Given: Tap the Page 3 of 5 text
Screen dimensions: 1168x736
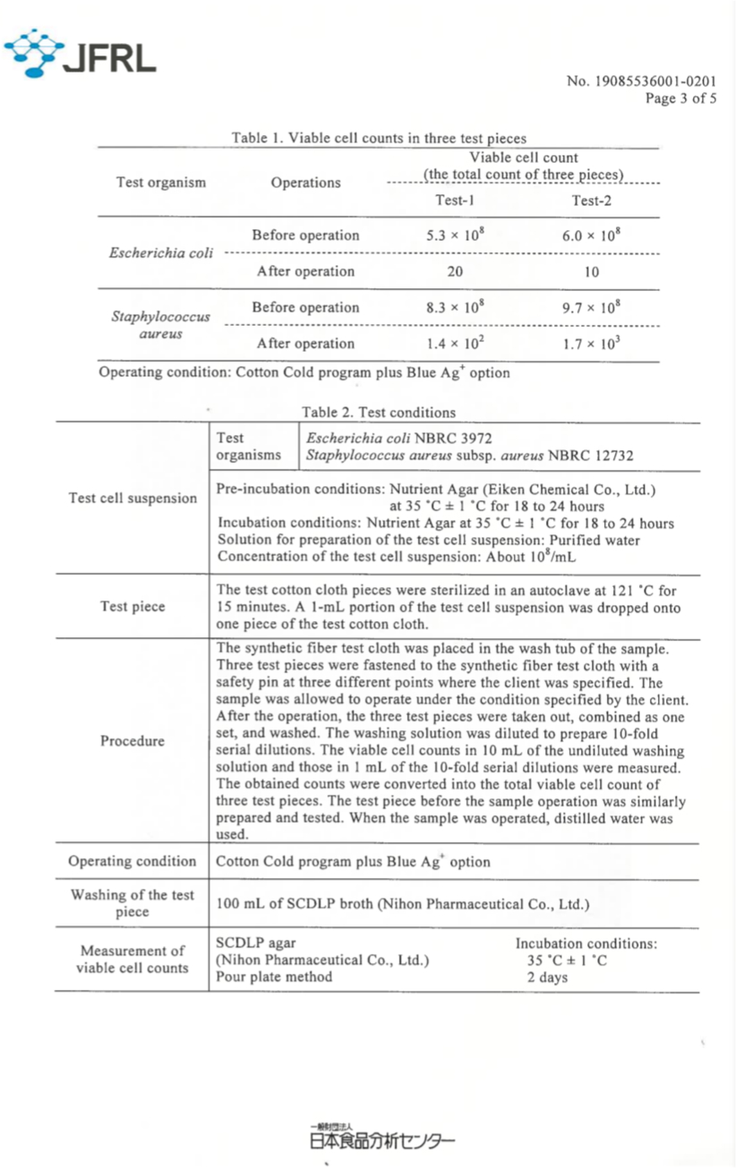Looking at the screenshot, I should (x=680, y=98).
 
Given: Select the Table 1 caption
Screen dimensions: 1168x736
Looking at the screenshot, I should (x=379, y=138).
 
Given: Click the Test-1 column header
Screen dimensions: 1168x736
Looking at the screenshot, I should (x=454, y=200).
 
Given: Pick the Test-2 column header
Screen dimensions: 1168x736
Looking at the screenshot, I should (x=591, y=200).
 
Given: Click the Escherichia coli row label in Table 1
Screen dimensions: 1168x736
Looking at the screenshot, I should (x=161, y=252).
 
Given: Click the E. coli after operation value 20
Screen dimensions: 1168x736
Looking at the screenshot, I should (x=454, y=271).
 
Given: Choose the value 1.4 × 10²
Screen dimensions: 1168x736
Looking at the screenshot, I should (x=454, y=343).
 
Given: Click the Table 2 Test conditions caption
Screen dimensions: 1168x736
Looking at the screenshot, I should (x=379, y=413).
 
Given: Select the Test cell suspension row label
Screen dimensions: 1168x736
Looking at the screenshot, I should (x=133, y=499).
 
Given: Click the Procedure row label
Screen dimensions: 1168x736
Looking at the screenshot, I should (x=133, y=741).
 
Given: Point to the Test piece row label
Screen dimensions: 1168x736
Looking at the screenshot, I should (x=133, y=607).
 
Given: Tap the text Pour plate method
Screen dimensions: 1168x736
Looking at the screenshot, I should (x=274, y=976).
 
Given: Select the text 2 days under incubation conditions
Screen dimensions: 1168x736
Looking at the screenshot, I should (x=547, y=977).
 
